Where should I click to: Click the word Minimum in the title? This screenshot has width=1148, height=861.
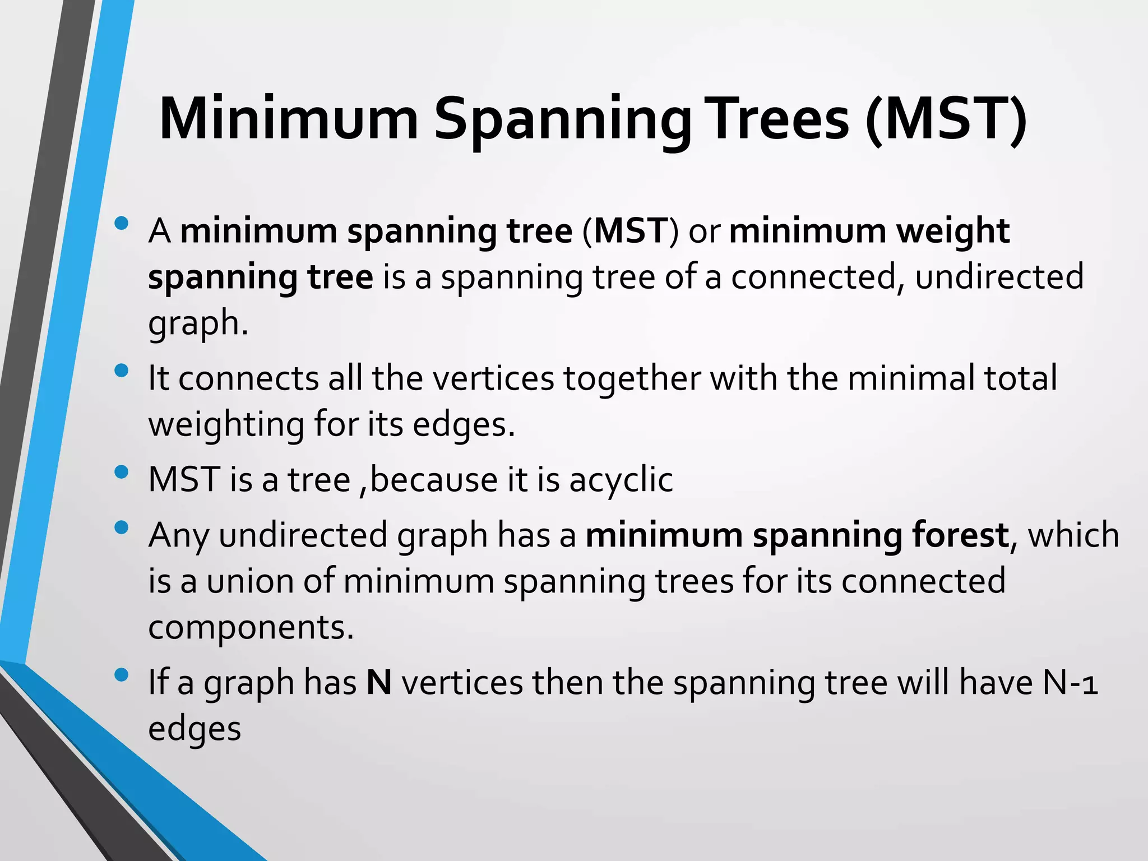click(x=289, y=119)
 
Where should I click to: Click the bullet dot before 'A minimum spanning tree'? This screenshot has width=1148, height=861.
click(x=121, y=224)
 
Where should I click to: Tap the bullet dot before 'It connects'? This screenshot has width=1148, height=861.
click(x=121, y=371)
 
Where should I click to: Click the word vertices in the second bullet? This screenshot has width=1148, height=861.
click(x=494, y=378)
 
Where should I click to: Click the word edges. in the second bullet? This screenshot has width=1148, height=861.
click(x=464, y=425)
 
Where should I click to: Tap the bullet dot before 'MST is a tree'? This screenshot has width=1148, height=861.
click(x=121, y=472)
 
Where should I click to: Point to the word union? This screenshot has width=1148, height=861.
click(x=250, y=581)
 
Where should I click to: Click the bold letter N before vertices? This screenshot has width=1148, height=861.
click(x=379, y=683)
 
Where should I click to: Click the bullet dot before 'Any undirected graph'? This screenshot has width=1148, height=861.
click(x=121, y=527)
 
